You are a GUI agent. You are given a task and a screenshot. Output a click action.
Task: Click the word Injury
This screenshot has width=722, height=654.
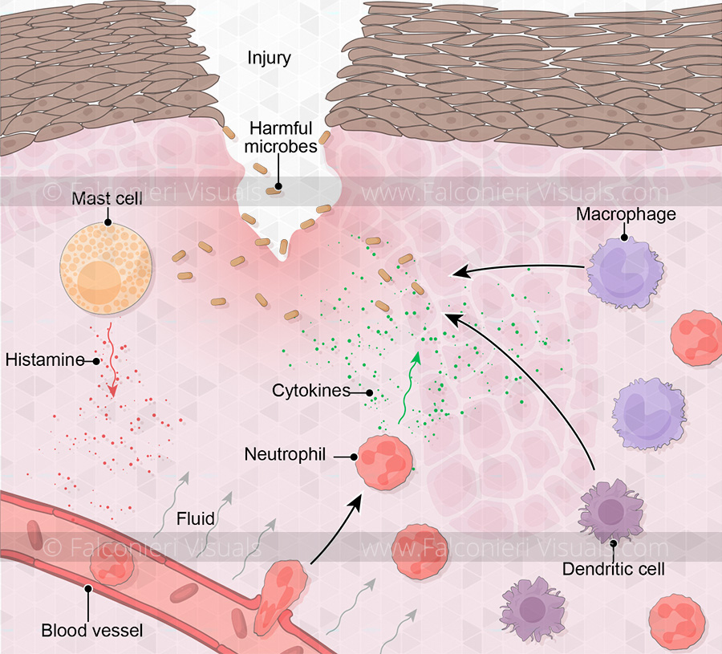tap(269, 58)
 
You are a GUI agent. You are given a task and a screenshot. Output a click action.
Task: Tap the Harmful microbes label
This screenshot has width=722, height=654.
tap(282, 137)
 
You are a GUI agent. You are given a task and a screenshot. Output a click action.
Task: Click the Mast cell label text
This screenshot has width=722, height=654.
tap(106, 197)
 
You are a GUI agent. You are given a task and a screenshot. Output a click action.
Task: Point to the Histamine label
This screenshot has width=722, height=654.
tap(45, 359)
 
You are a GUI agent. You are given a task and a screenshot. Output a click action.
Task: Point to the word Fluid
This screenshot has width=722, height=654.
tap(196, 519)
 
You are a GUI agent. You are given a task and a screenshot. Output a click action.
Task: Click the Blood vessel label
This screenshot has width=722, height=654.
tap(91, 629)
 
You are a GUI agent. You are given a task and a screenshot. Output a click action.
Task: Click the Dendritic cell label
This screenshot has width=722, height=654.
tap(614, 571)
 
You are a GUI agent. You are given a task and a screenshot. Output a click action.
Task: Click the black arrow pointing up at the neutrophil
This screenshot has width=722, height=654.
tap(334, 530)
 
